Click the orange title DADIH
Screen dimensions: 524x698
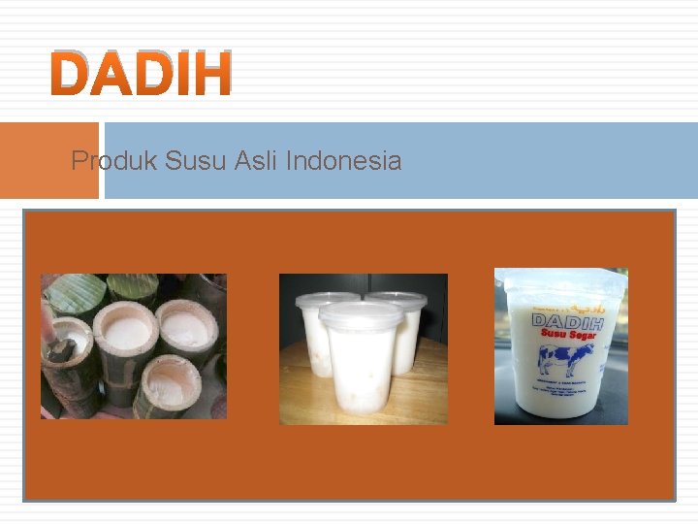pos(142,74)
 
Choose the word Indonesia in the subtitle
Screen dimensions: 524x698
pos(343,160)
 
